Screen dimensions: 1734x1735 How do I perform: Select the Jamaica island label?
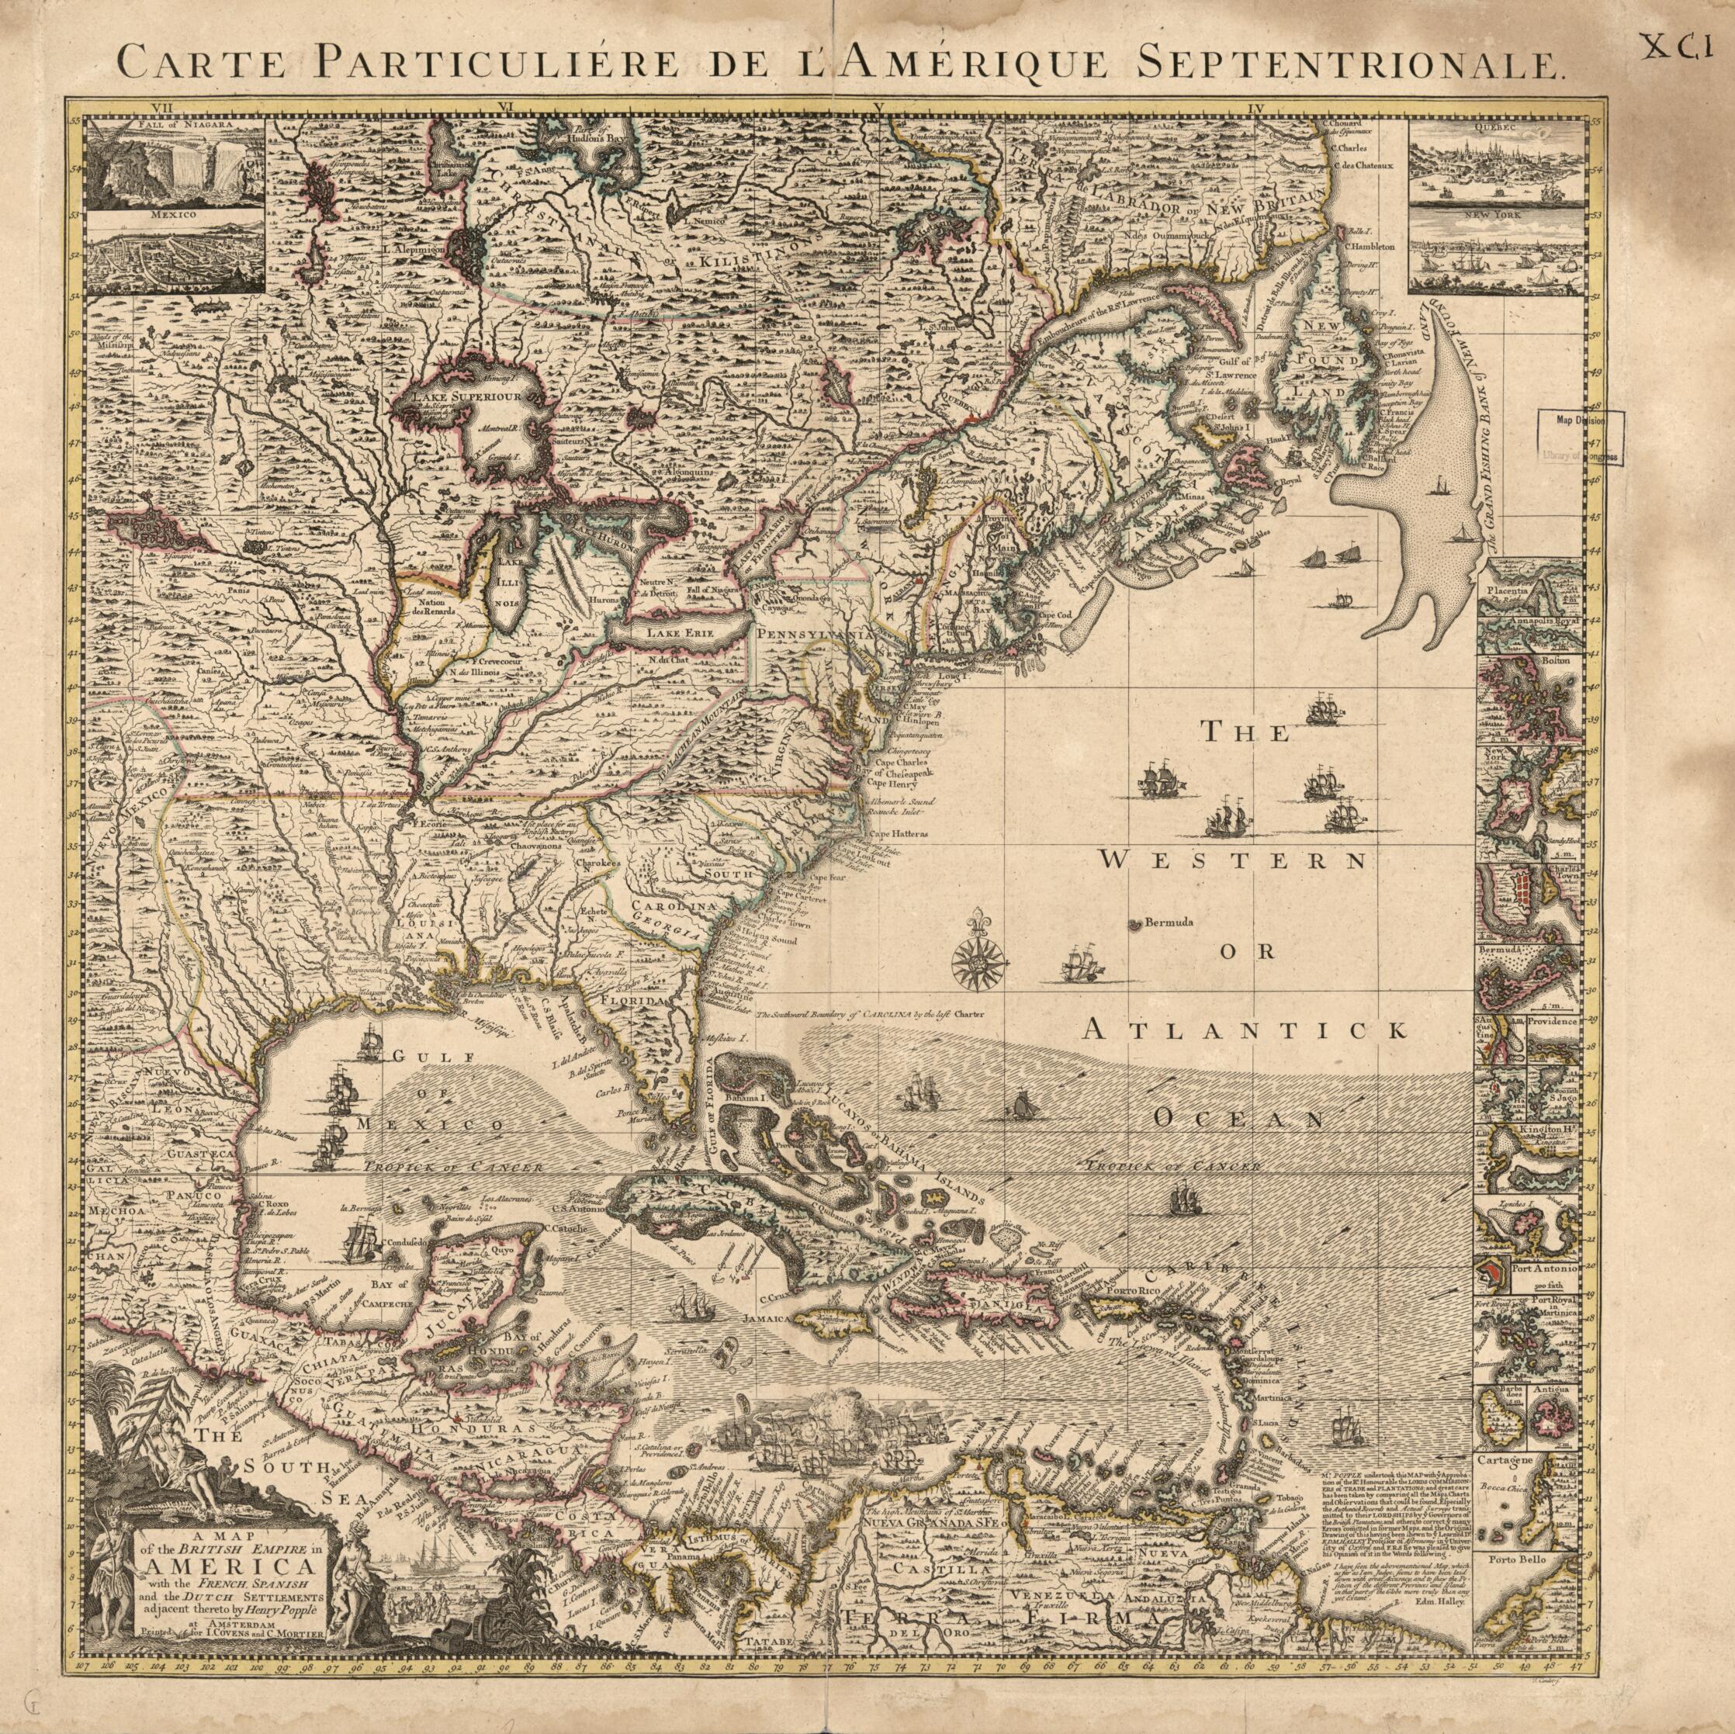point(766,1319)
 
